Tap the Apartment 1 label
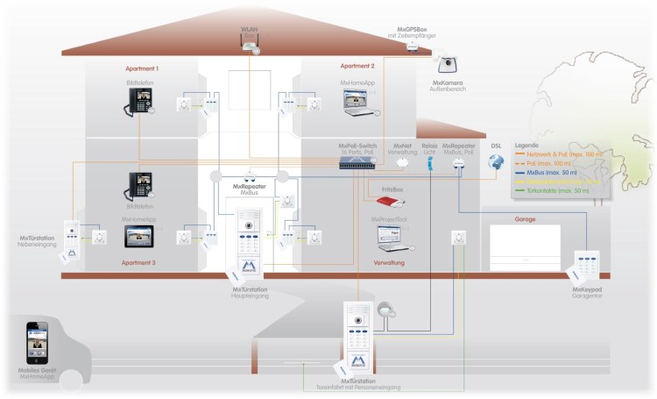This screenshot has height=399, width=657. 142,68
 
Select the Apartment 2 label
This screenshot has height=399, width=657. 358,66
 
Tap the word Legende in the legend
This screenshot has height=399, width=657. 528,146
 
